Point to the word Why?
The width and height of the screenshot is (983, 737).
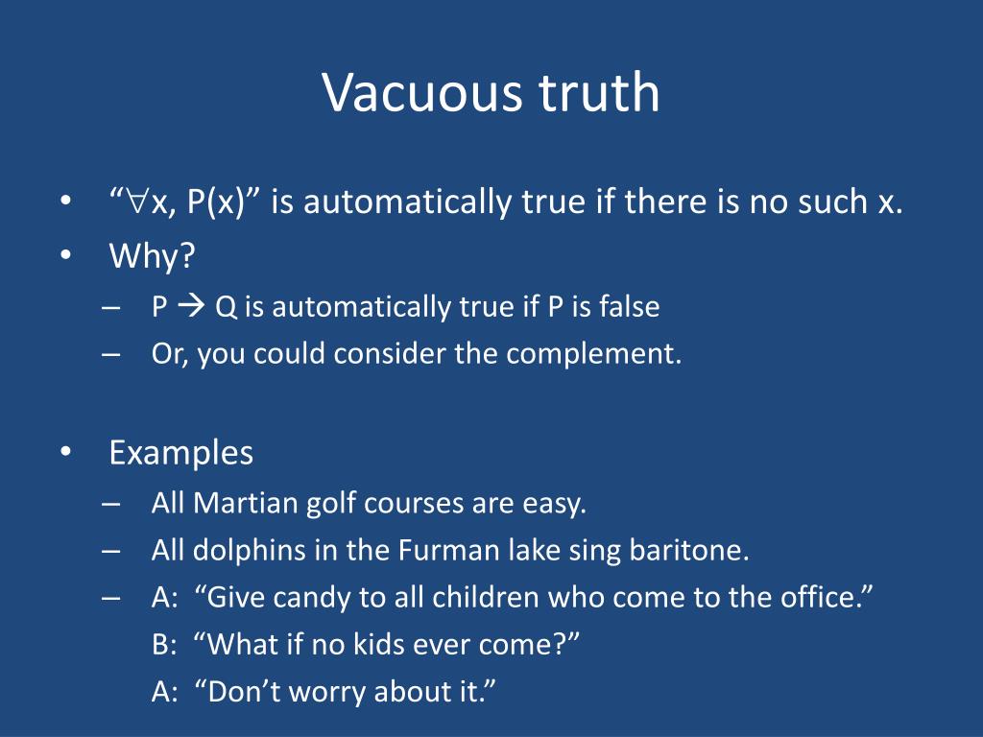(152, 256)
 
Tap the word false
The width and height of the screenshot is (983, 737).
(629, 307)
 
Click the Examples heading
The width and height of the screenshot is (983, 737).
(181, 452)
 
